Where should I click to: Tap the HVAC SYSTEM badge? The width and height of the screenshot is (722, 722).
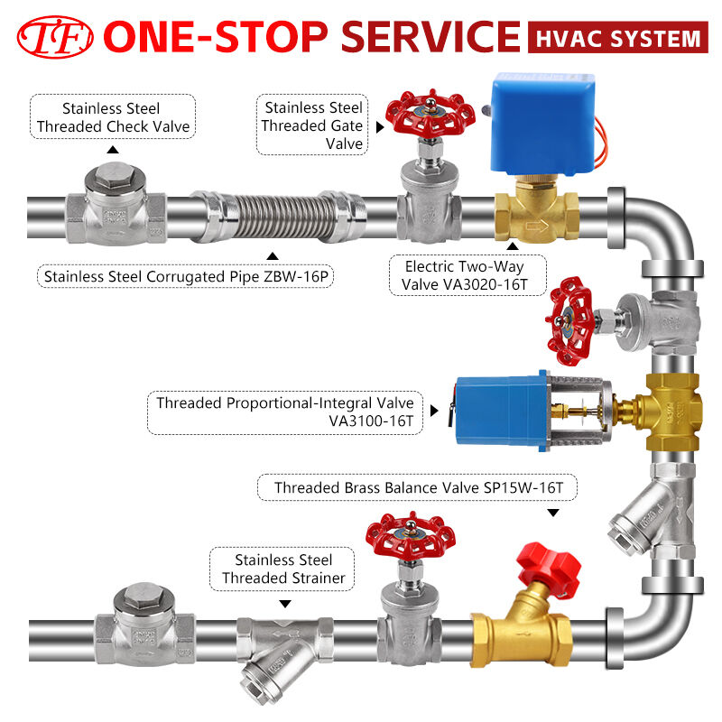pos(616,38)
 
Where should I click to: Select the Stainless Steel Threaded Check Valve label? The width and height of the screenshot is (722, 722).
pos(113,117)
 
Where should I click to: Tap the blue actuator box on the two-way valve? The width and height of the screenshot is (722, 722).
pos(543,125)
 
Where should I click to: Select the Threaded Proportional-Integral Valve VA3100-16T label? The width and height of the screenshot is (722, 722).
pos(285,412)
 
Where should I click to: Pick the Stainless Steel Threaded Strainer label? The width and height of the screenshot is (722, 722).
pos(283,569)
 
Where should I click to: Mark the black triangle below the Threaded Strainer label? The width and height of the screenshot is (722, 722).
pos(285,603)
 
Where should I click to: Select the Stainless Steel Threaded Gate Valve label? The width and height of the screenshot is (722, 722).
pos(312,125)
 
